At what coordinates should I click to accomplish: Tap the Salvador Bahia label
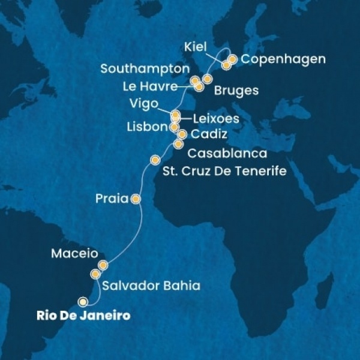click(150, 286)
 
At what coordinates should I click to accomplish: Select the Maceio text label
click(71, 254)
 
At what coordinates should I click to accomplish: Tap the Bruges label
click(236, 91)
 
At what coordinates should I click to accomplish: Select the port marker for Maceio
click(103, 265)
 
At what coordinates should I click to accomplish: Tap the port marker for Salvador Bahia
click(95, 274)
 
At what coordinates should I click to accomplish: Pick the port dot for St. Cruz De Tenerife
click(155, 160)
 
